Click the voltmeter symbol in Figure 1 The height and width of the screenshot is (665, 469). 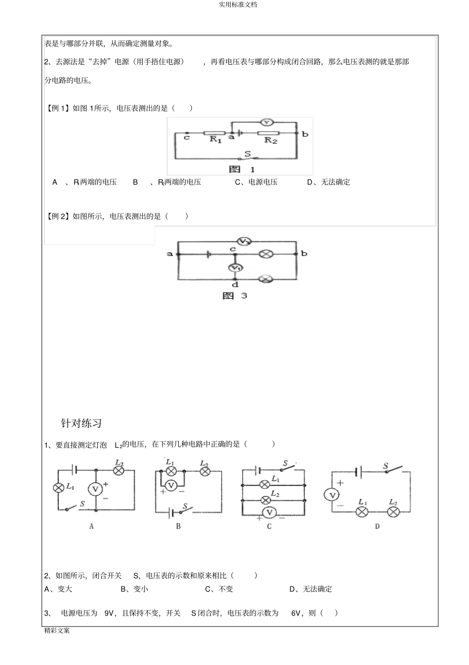[x=267, y=122]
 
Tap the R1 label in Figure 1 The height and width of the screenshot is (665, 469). [x=216, y=139]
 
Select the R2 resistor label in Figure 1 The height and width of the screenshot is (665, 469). [x=271, y=140]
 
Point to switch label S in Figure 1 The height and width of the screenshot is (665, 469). [x=247, y=154]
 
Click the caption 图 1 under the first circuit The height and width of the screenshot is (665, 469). [x=242, y=169]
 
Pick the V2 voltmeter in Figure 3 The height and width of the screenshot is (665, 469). [x=244, y=242]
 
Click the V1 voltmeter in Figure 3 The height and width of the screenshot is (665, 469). [x=235, y=268]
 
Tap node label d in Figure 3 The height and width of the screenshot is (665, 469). [x=235, y=285]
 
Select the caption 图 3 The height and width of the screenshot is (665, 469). [x=234, y=295]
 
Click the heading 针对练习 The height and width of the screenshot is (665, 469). [x=81, y=423]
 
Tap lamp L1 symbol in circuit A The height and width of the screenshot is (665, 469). [x=58, y=488]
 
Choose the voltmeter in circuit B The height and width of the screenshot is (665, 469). [x=171, y=485]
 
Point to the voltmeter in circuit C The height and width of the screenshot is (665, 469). [x=270, y=512]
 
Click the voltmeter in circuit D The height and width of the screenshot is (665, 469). [x=332, y=495]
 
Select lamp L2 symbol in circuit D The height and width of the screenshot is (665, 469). [x=393, y=512]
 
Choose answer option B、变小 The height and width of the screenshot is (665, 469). [x=134, y=589]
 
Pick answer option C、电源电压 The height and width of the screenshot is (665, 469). [x=256, y=182]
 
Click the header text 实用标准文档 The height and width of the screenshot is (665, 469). [x=237, y=5]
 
